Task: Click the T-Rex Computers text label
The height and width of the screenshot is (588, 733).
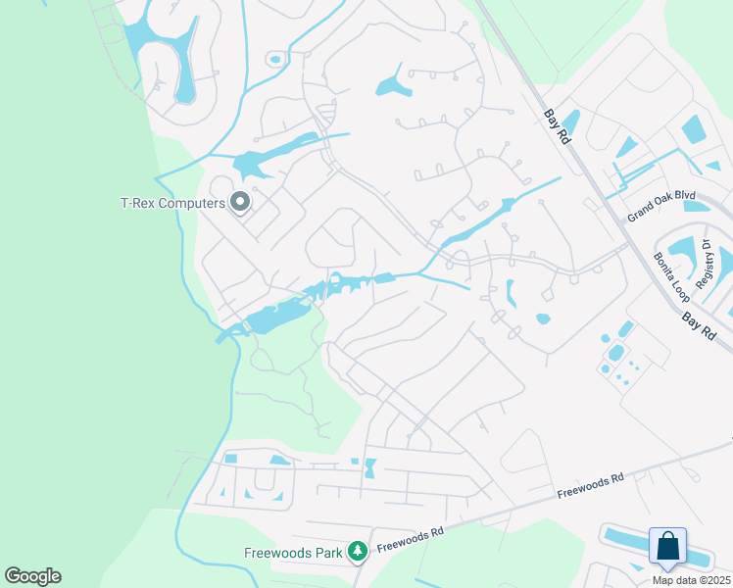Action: tap(172, 203)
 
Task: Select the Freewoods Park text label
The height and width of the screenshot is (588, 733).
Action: tap(293, 553)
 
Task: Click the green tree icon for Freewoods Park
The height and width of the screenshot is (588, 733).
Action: tap(358, 553)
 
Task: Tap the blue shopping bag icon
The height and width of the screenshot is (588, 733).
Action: tap(667, 546)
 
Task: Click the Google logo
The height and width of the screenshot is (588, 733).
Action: tap(32, 576)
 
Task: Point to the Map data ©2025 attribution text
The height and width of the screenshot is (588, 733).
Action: tap(691, 580)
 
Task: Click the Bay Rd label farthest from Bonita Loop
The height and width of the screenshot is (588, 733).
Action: tap(556, 125)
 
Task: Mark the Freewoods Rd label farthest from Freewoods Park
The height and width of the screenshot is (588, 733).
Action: tap(590, 484)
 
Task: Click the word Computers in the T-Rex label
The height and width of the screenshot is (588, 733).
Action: tap(191, 203)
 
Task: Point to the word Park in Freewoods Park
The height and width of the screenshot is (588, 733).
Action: tap(326, 553)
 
